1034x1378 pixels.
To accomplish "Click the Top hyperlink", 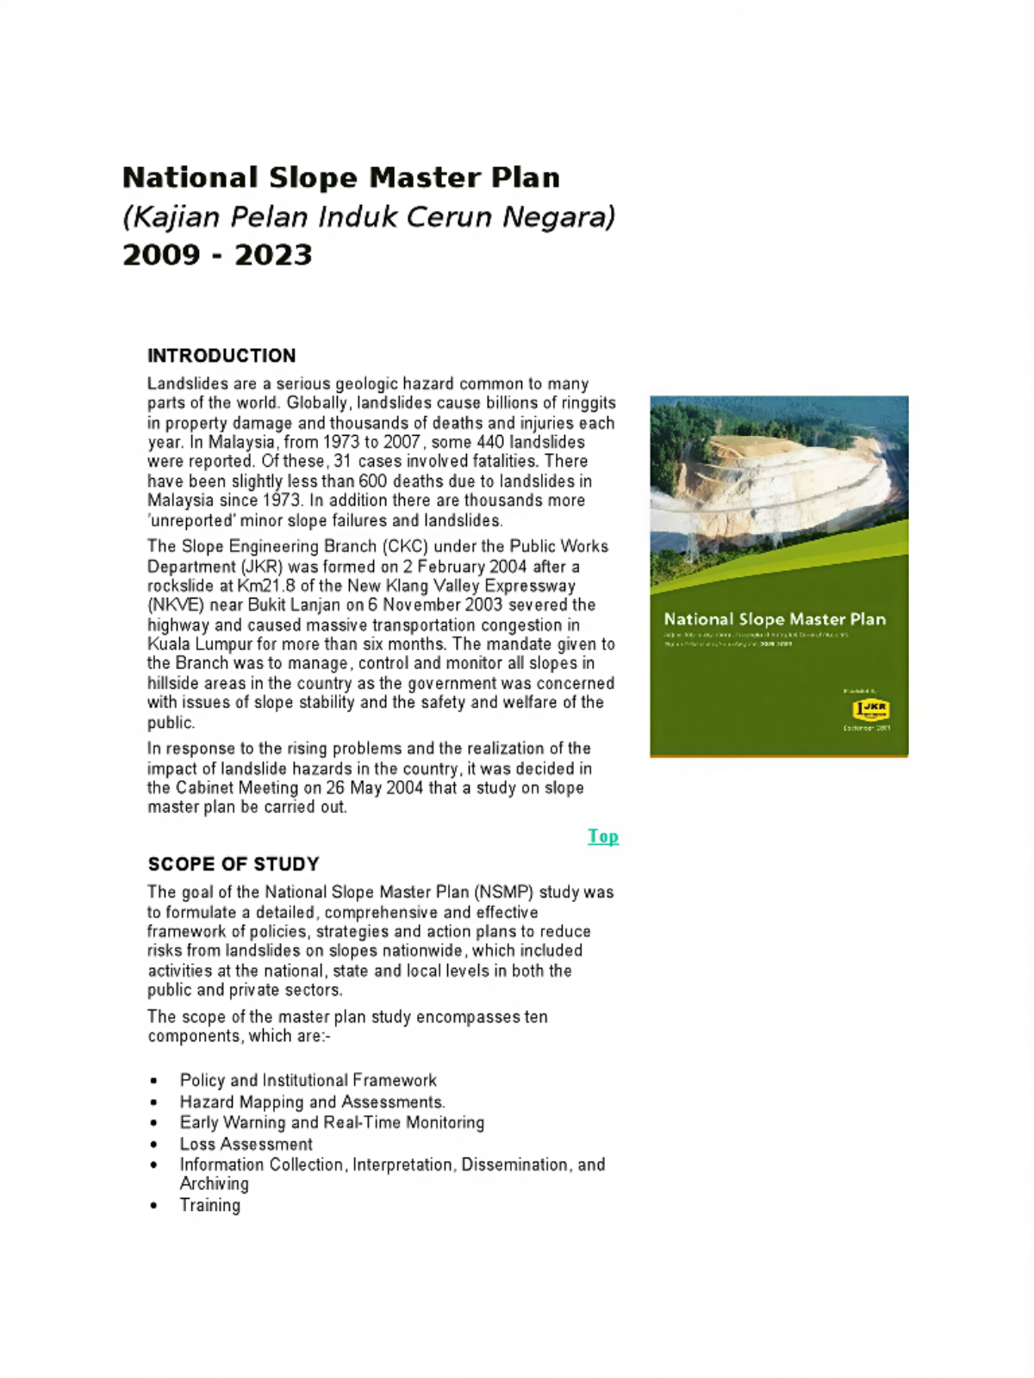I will click(x=603, y=836).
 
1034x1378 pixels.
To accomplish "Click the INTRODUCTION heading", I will click(x=221, y=356).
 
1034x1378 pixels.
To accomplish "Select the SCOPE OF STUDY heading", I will click(x=234, y=864).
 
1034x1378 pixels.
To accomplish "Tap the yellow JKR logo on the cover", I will click(x=870, y=710).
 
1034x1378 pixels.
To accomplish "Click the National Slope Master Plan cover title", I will click(x=775, y=619).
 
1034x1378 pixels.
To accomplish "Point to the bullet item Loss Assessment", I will click(x=246, y=1144).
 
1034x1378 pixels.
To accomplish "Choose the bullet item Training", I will click(x=210, y=1205).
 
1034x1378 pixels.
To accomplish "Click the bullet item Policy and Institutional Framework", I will click(x=308, y=1080).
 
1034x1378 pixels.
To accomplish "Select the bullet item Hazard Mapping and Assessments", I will click(x=312, y=1102).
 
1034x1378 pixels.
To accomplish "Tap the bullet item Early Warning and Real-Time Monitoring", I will click(x=332, y=1122).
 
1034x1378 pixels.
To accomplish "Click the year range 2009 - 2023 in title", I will click(x=217, y=255).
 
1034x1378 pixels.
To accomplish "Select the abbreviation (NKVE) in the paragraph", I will click(x=176, y=605).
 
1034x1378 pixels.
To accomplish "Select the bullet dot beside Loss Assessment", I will click(x=153, y=1145).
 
